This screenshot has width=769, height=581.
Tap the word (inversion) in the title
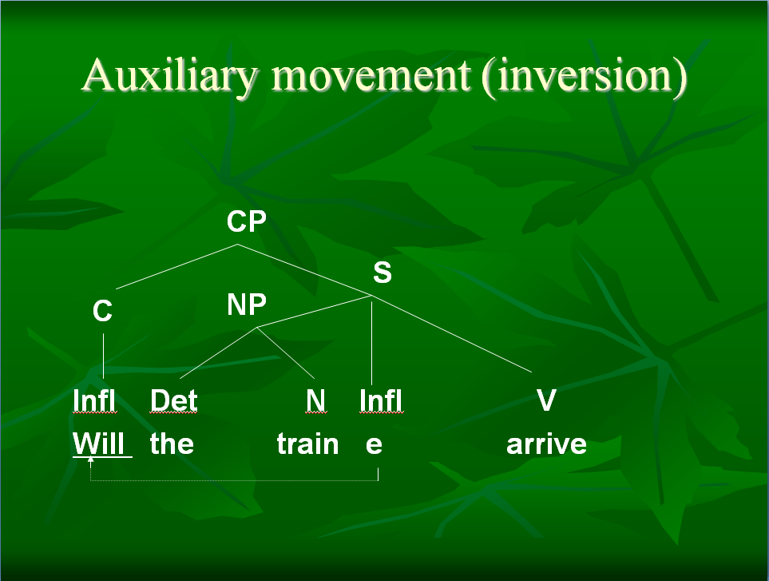click(x=584, y=77)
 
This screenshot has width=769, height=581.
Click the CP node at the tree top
click(x=246, y=221)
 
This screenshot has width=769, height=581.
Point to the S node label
click(x=383, y=272)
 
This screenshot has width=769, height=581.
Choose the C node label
click(x=102, y=311)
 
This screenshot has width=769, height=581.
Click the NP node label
click(x=247, y=304)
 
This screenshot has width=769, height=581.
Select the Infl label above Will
click(x=94, y=400)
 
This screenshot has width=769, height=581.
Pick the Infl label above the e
click(x=381, y=400)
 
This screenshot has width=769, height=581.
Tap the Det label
click(x=173, y=400)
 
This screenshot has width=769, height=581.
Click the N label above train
click(x=315, y=400)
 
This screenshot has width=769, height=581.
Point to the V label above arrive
click(x=546, y=400)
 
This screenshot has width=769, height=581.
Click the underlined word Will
click(x=98, y=444)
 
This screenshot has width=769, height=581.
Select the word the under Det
click(x=172, y=444)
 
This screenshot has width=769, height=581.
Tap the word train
click(x=308, y=444)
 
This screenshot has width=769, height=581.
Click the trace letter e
click(x=374, y=444)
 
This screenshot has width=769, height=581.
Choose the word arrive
click(x=546, y=444)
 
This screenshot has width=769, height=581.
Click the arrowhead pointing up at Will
click(x=90, y=460)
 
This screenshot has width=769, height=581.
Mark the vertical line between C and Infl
click(x=104, y=356)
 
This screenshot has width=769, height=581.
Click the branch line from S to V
click(x=451, y=334)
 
